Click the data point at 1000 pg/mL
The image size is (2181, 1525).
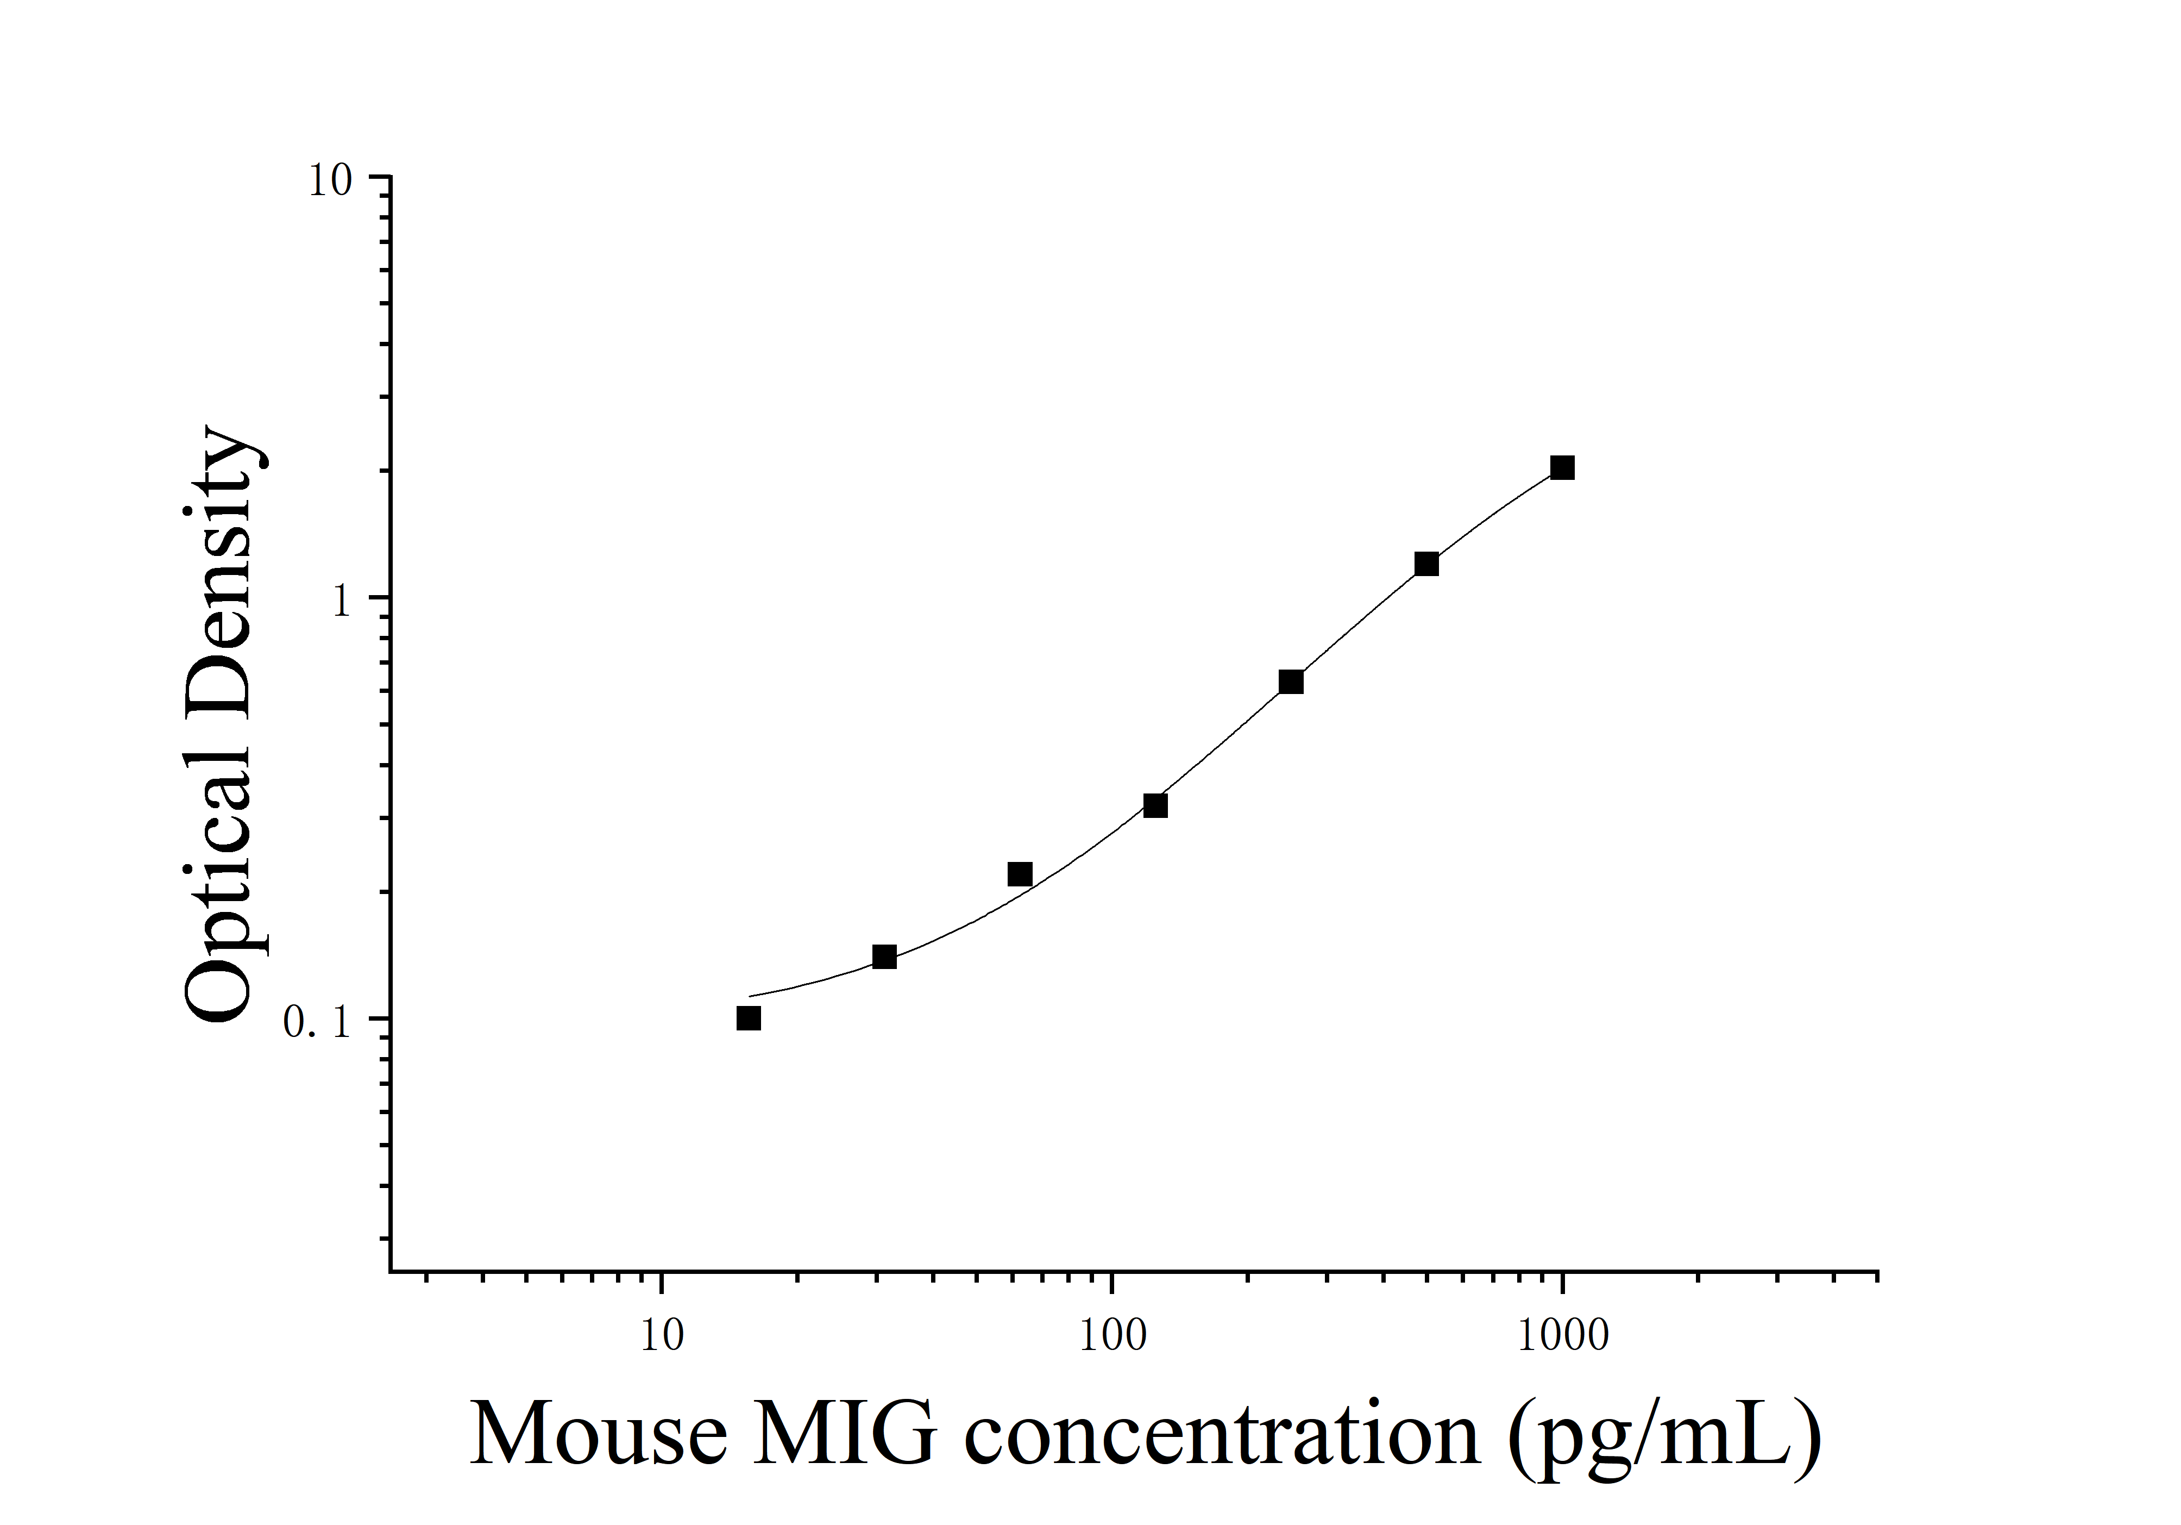[x=1562, y=467]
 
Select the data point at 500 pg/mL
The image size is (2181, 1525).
[x=1426, y=564]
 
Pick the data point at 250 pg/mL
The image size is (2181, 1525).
[x=1291, y=682]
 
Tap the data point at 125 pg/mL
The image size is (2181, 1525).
[x=1155, y=806]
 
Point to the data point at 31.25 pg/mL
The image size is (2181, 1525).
[x=884, y=957]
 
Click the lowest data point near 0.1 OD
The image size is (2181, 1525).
[x=749, y=1018]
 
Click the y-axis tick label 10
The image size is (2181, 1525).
[x=330, y=180]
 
